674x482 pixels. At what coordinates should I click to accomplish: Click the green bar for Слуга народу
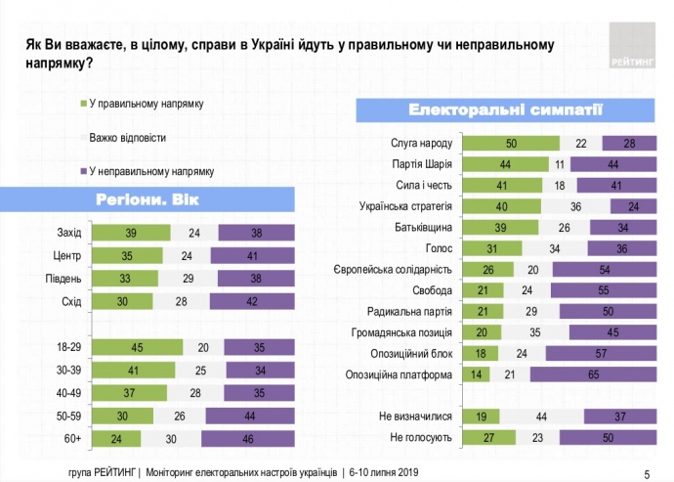tap(510, 144)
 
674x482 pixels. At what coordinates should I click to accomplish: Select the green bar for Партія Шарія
tap(505, 164)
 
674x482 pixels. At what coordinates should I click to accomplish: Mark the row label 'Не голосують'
tap(420, 438)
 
